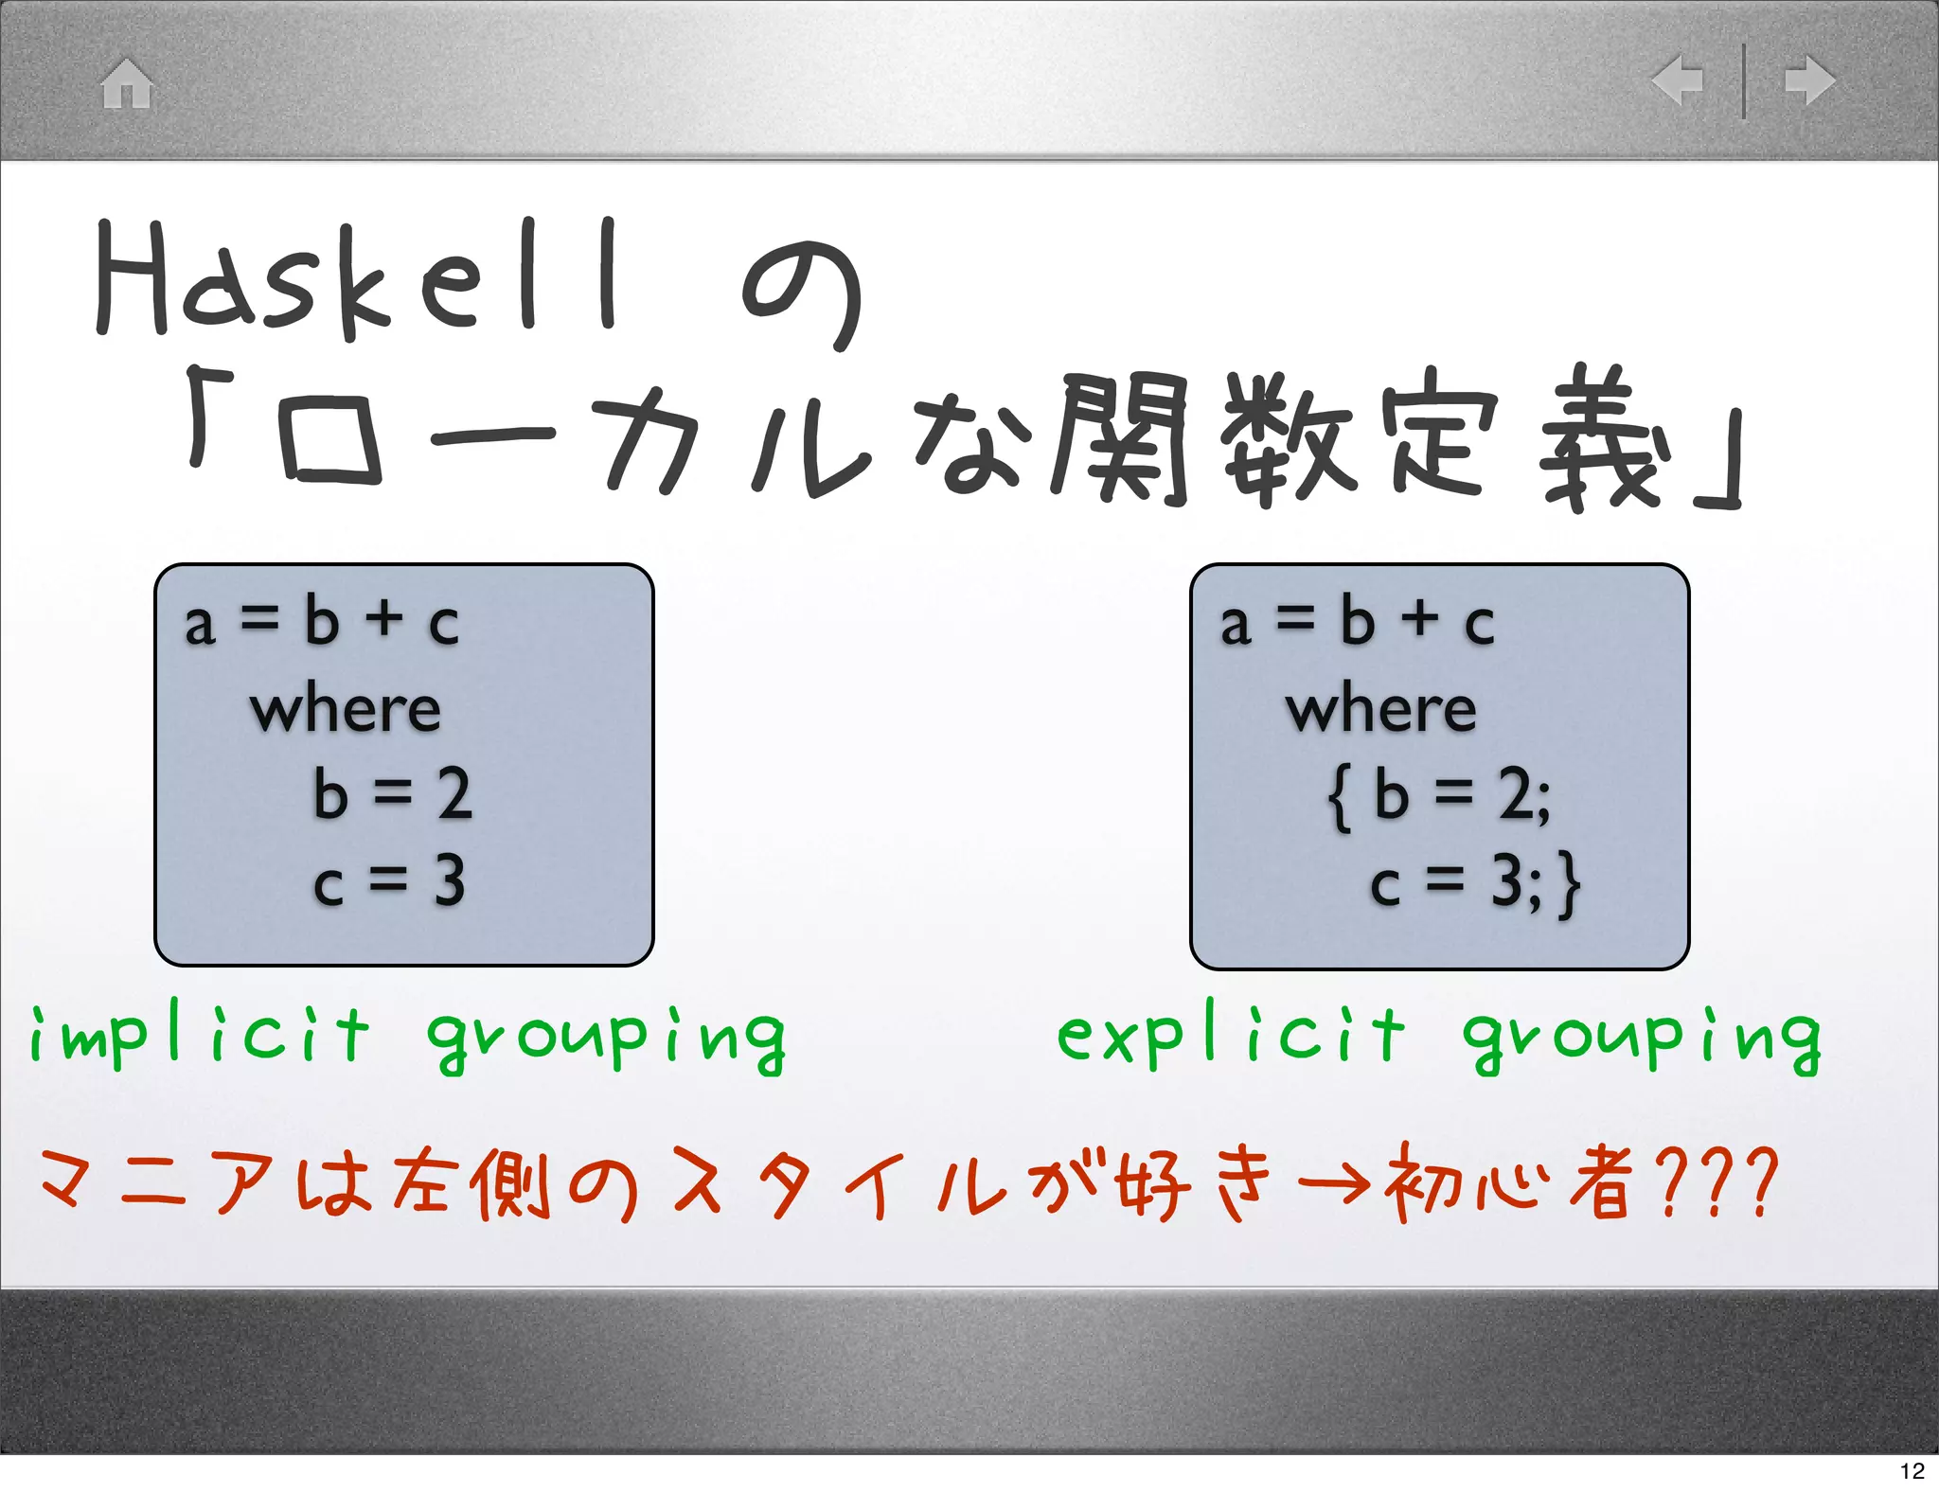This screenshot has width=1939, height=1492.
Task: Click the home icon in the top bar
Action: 127,83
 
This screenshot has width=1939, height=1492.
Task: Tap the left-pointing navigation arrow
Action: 1679,80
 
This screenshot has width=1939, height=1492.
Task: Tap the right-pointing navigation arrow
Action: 1809,80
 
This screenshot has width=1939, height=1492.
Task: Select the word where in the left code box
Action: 346,710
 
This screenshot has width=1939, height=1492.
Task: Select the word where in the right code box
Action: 1380,710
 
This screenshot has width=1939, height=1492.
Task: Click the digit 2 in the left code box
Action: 454,794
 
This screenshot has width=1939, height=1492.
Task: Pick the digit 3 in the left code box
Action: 450,881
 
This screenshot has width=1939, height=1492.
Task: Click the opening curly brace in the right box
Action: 1339,799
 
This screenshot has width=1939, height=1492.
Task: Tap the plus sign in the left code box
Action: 385,619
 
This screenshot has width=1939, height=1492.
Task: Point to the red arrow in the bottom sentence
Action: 1333,1183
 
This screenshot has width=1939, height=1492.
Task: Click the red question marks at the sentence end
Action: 1718,1183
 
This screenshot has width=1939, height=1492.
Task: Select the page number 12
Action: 1912,1470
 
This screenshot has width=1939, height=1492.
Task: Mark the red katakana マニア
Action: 156,1183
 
